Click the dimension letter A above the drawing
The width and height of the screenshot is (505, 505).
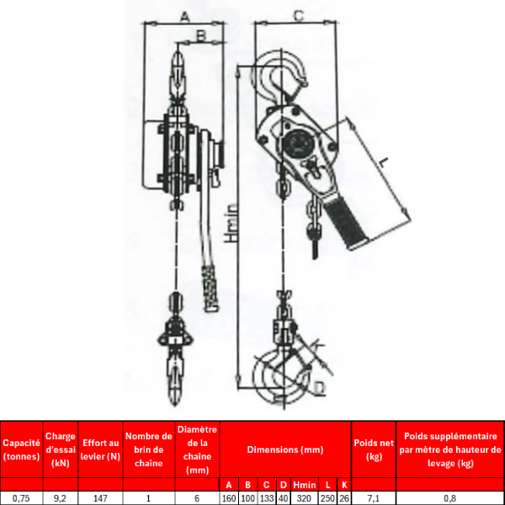click(x=184, y=16)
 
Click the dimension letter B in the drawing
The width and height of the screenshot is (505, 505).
click(x=200, y=35)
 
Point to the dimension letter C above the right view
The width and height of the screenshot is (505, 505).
click(x=299, y=15)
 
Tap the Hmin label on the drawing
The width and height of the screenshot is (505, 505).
click(x=231, y=223)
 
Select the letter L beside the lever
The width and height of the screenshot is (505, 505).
click(x=383, y=162)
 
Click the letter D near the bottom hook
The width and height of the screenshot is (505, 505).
click(x=320, y=388)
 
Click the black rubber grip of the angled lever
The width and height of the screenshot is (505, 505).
click(x=346, y=222)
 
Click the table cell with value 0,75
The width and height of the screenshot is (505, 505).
click(x=21, y=498)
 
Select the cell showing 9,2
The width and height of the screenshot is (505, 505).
click(x=61, y=498)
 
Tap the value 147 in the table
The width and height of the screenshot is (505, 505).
click(x=100, y=498)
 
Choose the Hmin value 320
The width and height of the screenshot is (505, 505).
click(x=304, y=498)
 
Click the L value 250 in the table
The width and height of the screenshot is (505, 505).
click(x=327, y=498)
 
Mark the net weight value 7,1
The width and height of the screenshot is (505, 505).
click(x=374, y=498)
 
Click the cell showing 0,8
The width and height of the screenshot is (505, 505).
click(x=450, y=498)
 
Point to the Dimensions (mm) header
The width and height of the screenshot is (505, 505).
click(x=285, y=449)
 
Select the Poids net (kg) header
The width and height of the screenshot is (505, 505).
click(x=374, y=449)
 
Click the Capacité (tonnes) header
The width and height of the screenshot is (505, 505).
click(x=21, y=449)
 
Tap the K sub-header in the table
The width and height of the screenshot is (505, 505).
click(x=344, y=485)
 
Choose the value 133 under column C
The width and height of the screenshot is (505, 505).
click(x=267, y=498)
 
